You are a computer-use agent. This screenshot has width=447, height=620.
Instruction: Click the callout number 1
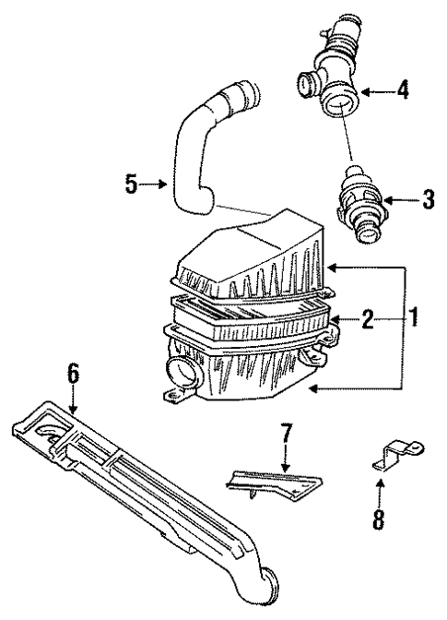(415, 320)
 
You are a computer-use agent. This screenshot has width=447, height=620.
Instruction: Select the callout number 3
(427, 200)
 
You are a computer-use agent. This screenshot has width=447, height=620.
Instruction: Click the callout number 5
(133, 185)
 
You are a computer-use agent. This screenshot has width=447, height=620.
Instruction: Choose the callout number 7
(287, 432)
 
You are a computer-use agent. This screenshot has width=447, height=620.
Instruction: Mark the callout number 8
(377, 519)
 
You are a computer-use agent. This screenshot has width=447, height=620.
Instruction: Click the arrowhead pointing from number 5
(165, 185)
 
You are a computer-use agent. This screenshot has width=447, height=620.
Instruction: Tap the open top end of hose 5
(241, 94)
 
